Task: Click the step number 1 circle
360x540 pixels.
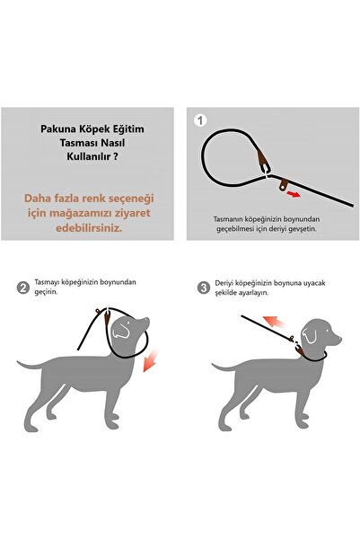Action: (x=200, y=120)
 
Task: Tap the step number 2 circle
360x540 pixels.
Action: (x=22, y=288)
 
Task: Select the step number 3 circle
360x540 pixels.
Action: (x=204, y=288)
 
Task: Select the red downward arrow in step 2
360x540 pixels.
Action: (x=156, y=360)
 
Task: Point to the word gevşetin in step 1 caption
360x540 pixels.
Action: (x=310, y=229)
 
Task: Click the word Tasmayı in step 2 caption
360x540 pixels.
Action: (x=51, y=282)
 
